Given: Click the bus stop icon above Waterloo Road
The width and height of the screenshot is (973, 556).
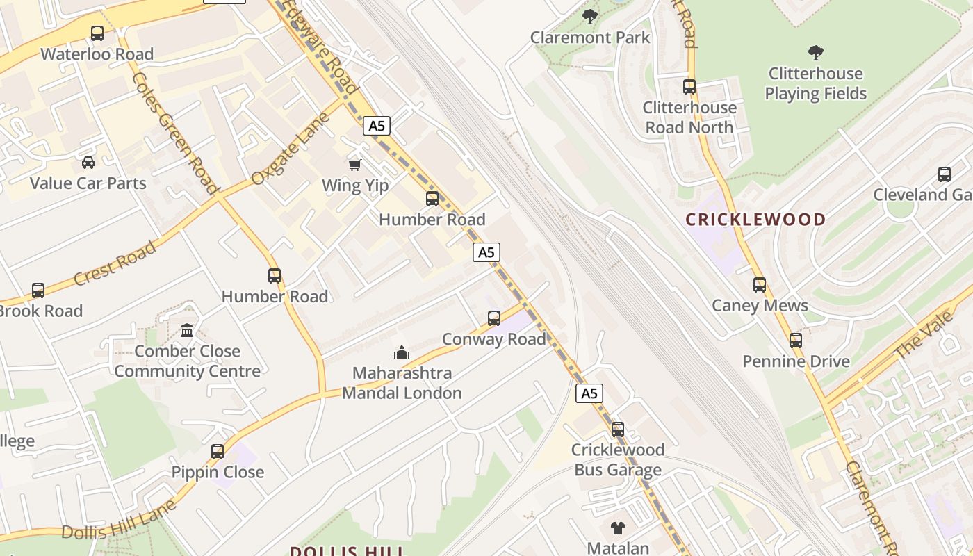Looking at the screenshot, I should click(97, 33).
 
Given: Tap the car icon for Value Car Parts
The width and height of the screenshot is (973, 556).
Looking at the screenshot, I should click(88, 163).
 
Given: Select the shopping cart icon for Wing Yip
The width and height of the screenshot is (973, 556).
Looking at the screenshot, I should click(355, 165).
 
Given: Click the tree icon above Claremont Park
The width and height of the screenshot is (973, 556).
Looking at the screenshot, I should click(590, 16).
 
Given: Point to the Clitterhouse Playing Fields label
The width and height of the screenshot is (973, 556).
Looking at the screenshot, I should click(816, 83).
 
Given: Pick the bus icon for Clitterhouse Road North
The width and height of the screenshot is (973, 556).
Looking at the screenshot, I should click(689, 87).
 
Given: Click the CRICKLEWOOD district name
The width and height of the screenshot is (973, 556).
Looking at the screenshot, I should click(755, 220).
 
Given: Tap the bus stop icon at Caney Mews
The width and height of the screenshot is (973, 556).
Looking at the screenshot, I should click(760, 285).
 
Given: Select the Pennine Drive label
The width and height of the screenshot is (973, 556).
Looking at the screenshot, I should click(796, 361).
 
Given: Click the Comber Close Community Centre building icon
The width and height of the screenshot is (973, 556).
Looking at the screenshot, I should click(187, 331).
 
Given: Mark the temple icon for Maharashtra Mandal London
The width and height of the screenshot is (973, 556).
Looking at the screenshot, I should click(402, 353).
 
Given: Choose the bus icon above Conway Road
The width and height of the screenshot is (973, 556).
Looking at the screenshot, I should click(494, 318).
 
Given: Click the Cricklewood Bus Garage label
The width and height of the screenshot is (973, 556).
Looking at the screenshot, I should click(618, 460).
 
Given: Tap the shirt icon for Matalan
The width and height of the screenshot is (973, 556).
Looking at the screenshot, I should click(618, 528).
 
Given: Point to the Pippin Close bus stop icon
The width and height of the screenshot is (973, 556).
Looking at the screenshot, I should click(218, 452).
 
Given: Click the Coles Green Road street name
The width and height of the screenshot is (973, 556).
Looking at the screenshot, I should click(175, 132).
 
